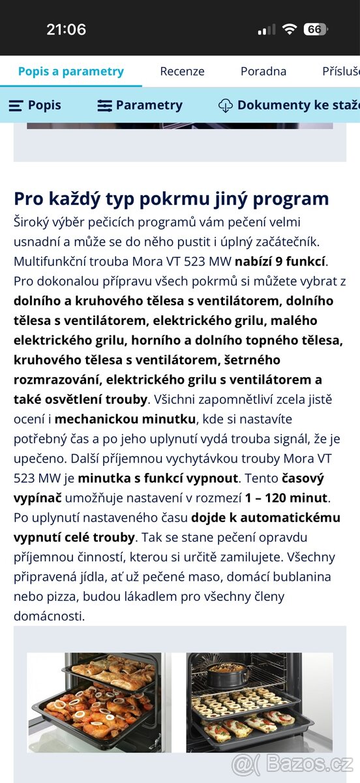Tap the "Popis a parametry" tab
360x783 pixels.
[70, 71]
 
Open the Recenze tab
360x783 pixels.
[182, 71]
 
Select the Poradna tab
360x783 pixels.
[263, 71]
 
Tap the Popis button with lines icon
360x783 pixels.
[35, 105]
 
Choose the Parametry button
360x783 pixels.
[140, 105]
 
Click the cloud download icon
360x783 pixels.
[225, 105]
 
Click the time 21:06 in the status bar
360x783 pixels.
[66, 29]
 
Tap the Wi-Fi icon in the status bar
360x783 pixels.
[288, 29]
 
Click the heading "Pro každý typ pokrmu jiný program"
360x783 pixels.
[172, 198]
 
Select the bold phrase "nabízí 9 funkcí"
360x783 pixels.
[280, 262]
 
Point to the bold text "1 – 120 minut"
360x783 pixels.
[286, 498]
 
